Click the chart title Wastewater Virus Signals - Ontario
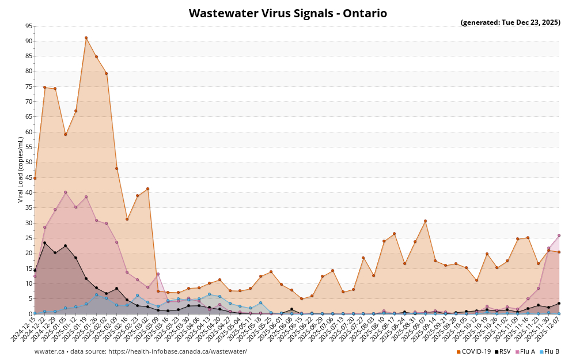pyautogui.click(x=287, y=13)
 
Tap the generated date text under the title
pyautogui.click(x=510, y=22)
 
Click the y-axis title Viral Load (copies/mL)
pyautogui.click(x=21, y=169)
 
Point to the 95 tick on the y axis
pyautogui.click(x=29, y=26)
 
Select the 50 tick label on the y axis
pyautogui.click(x=29, y=162)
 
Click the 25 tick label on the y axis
pyautogui.click(x=29, y=238)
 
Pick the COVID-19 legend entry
pyautogui.click(x=473, y=351)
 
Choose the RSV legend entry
pyautogui.click(x=502, y=351)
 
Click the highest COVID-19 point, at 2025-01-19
pyautogui.click(x=86, y=38)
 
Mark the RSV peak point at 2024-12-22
pyautogui.click(x=45, y=242)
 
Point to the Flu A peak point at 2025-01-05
pyautogui.click(x=65, y=192)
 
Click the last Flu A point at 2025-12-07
pyautogui.click(x=559, y=235)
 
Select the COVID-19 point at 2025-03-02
pyautogui.click(x=147, y=189)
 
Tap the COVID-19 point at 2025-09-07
pyautogui.click(x=425, y=221)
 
